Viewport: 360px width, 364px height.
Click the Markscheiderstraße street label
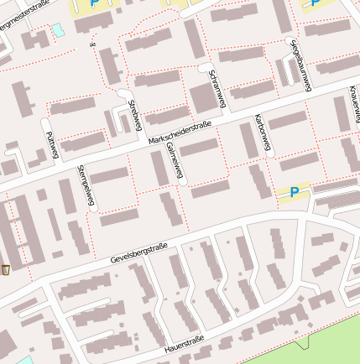point(180,133)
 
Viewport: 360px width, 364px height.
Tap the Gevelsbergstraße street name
point(139,253)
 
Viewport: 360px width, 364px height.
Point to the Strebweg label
point(136,116)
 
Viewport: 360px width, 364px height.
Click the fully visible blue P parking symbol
point(295,193)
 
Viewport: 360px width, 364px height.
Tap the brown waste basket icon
point(7,269)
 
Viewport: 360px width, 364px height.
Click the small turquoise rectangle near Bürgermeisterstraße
point(57,30)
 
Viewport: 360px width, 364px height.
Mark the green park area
point(319,348)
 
